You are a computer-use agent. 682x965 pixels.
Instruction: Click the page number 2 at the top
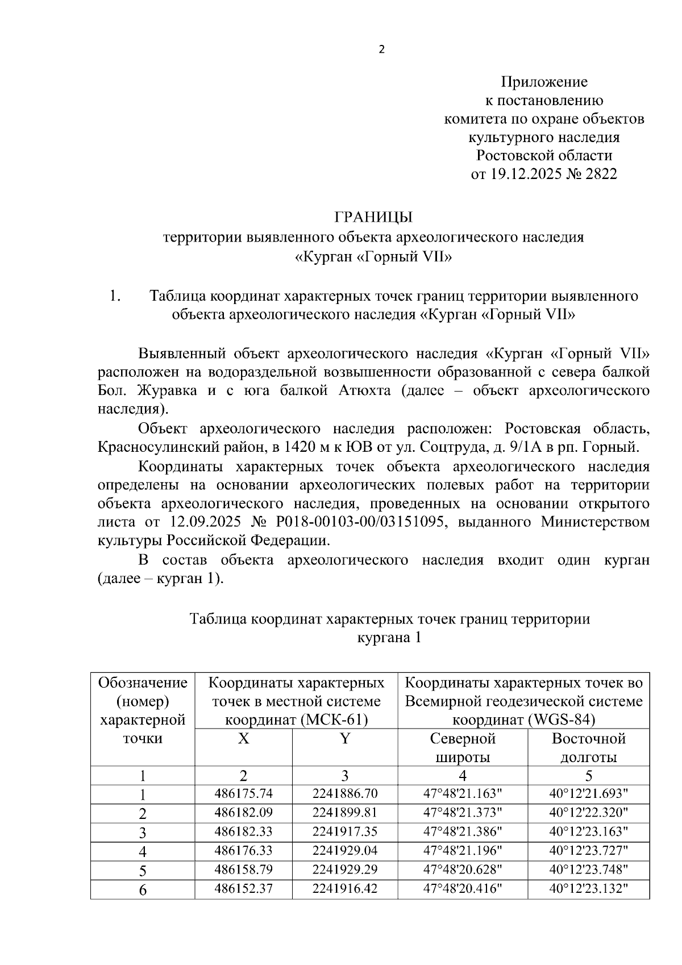(x=381, y=50)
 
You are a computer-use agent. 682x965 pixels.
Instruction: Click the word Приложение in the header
(x=543, y=82)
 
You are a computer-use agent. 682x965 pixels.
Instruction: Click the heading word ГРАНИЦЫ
(x=373, y=217)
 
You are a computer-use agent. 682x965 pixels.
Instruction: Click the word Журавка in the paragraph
(x=167, y=390)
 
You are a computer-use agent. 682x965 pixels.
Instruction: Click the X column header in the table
(x=243, y=739)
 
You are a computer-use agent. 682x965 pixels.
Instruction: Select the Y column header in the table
(x=344, y=739)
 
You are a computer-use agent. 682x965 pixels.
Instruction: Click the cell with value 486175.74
(x=243, y=794)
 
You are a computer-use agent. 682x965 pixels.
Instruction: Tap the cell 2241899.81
(x=344, y=813)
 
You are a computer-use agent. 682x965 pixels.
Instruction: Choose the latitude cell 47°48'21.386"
(x=463, y=832)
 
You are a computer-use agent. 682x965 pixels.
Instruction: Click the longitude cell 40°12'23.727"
(x=588, y=851)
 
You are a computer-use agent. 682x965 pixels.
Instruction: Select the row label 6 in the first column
(x=143, y=889)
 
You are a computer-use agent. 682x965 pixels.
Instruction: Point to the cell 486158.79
(x=243, y=870)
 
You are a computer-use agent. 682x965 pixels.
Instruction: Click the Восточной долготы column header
(x=588, y=748)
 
